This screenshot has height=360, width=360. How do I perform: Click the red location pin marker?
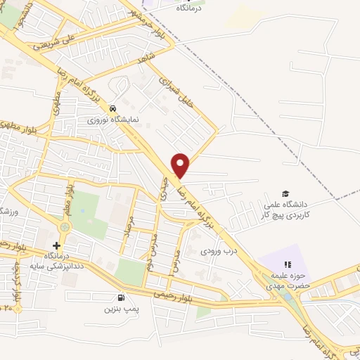pyautogui.click(x=181, y=165)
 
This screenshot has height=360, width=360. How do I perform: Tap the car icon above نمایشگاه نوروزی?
pyautogui.click(x=114, y=109)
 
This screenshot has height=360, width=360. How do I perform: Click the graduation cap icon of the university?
pyautogui.click(x=285, y=193)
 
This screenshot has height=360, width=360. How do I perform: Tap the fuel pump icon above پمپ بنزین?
pyautogui.click(x=123, y=297)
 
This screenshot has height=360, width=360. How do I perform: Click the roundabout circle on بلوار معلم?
pyautogui.click(x=65, y=226)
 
